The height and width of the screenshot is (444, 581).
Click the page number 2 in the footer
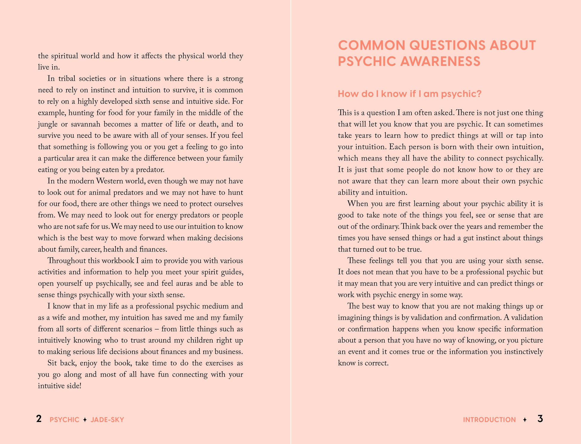[39, 419]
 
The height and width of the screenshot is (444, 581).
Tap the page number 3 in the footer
[540, 419]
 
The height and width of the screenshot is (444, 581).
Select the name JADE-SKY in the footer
[107, 420]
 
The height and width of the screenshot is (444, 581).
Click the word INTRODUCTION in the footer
[489, 420]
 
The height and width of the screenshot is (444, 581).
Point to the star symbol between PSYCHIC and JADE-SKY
[85, 420]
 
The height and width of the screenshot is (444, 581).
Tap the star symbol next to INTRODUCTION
[525, 420]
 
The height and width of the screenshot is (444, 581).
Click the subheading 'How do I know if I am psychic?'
[410, 94]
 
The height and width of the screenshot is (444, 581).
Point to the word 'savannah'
[86, 124]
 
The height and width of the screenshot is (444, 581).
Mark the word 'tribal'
[67, 79]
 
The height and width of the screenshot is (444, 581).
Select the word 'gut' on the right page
[468, 238]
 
